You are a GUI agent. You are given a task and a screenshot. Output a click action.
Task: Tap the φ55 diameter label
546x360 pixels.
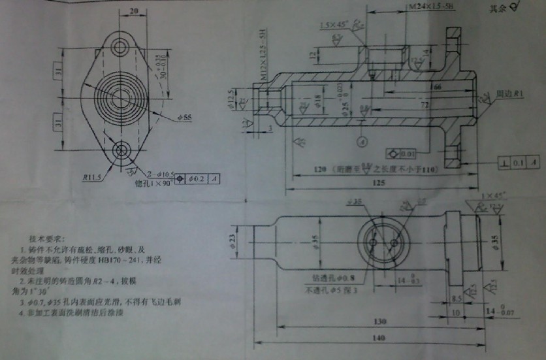(185, 118)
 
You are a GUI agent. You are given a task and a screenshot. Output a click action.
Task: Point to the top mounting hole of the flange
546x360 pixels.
(121, 46)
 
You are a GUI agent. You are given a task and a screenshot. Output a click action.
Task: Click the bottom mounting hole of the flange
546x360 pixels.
(121, 151)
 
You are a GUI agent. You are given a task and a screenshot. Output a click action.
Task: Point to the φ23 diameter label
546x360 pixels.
(233, 242)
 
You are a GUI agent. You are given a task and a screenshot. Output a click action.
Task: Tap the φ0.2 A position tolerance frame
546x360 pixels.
(202, 178)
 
